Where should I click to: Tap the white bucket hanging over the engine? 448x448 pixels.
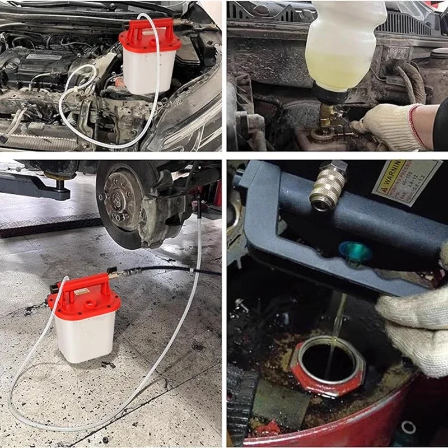click(x=148, y=70)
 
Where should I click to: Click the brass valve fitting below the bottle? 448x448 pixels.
click(x=326, y=115)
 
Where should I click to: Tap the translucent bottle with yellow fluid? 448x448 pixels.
click(x=344, y=45)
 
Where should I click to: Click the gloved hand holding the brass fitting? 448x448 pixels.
click(x=392, y=126)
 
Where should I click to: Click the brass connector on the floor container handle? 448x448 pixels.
click(x=114, y=274)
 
